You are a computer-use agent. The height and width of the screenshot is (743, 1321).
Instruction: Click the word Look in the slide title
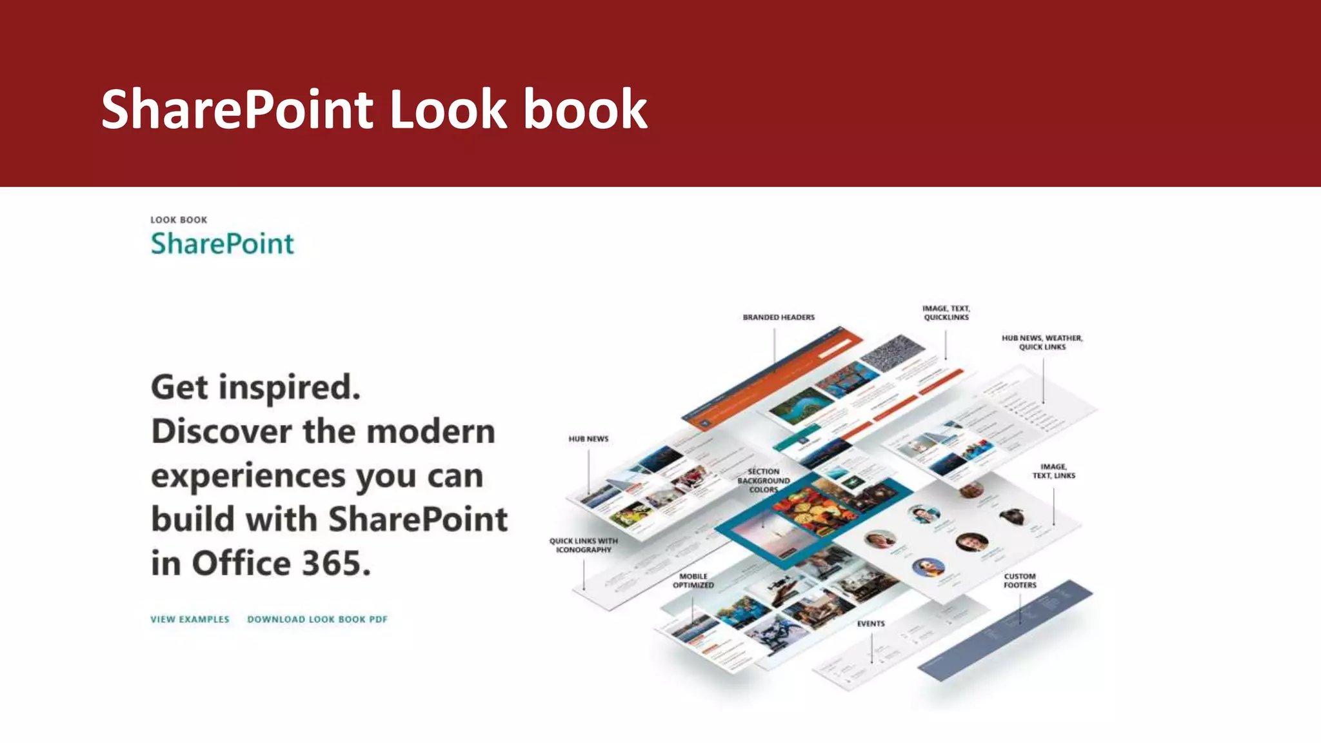coord(448,110)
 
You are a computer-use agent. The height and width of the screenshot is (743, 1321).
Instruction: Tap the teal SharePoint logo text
coord(222,244)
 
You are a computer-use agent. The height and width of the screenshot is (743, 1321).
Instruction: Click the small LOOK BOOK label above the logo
coord(179,220)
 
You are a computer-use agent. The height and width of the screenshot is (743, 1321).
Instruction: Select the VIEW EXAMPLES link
coord(190,619)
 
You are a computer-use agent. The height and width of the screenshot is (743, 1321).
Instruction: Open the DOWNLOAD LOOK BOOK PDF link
coord(317,619)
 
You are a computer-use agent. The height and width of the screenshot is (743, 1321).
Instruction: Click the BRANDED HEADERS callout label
coord(779,317)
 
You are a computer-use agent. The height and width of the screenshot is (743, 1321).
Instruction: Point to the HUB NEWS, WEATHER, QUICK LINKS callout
coord(1042,342)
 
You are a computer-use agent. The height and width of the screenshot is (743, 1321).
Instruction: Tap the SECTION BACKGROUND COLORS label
coord(764,480)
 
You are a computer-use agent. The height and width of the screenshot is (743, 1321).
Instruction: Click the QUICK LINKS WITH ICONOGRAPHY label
coord(583,546)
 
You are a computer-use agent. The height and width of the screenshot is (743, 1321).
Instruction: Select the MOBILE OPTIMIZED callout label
coord(693,580)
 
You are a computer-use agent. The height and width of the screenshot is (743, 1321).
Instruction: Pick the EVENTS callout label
coord(871,624)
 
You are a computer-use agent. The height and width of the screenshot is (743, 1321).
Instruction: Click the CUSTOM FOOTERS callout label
coord(1020,580)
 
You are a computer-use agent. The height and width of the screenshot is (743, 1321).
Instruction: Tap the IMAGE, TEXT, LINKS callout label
coord(1053,471)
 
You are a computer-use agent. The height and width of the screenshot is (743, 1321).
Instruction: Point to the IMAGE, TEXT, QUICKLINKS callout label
coord(946,313)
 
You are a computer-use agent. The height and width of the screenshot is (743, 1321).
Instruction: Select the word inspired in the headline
coord(289,388)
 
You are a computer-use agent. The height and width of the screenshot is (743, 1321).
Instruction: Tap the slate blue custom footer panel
coord(1006,629)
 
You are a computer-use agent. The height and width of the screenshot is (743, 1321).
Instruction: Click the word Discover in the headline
coord(221,431)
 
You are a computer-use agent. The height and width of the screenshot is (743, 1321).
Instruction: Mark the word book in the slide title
coord(584,110)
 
